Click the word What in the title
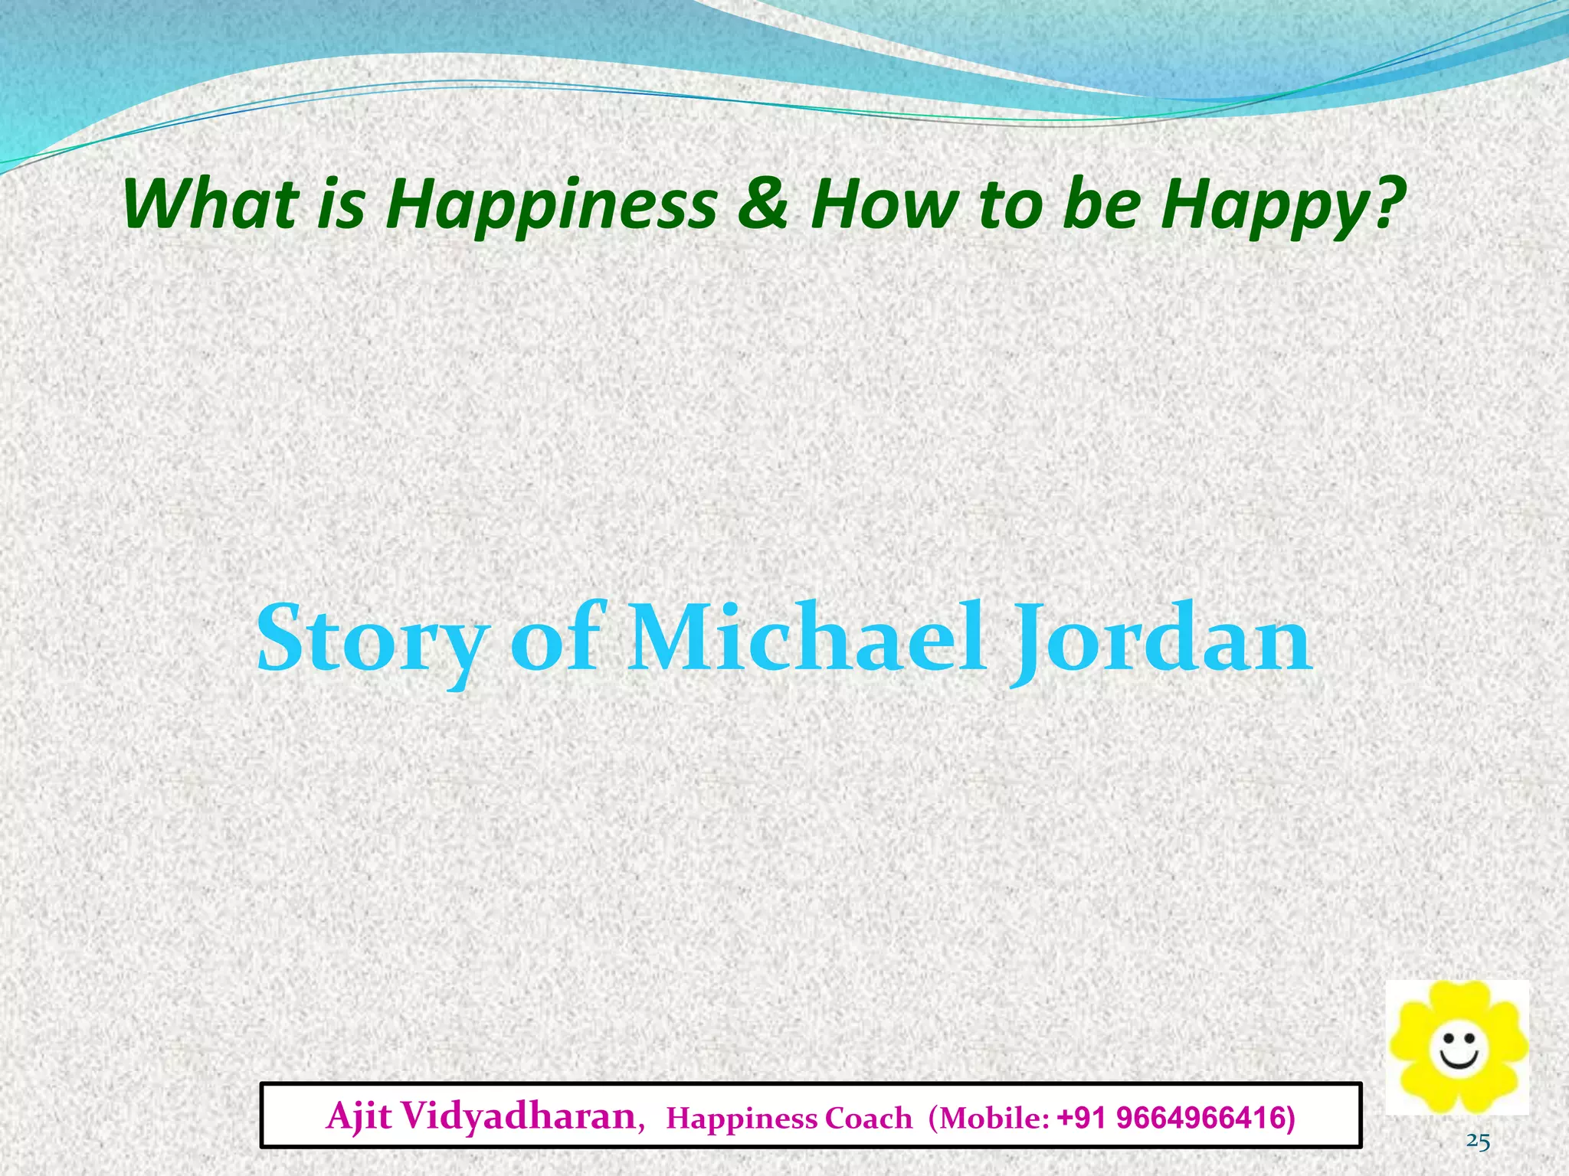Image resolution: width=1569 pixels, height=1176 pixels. [210, 204]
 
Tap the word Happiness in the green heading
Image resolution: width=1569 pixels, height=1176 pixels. [551, 205]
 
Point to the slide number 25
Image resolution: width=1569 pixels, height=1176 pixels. [1478, 1142]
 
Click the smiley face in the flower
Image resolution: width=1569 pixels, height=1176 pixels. [1459, 1050]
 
